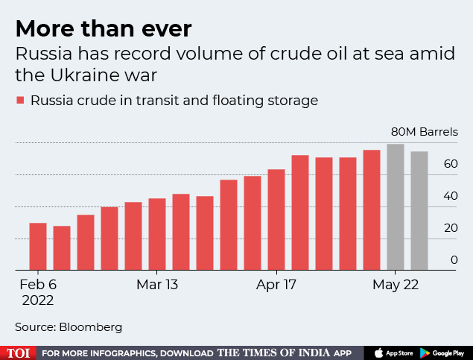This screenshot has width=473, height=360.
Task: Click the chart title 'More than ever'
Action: pos(104,29)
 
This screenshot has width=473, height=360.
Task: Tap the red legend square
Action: pos(21,100)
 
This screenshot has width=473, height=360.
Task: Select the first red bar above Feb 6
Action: pos(38,246)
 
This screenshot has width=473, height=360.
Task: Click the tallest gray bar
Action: pos(396,206)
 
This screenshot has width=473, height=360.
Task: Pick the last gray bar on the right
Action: pos(419,210)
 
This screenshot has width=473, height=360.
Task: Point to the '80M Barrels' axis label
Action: pos(425,132)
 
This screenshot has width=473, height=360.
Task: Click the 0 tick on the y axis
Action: pos(454,259)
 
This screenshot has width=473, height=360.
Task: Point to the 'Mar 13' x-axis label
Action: pos(157,285)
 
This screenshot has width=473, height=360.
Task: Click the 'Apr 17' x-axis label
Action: pos(276,285)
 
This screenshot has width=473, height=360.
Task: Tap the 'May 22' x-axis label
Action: pos(396,285)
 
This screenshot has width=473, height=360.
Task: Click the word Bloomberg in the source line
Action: pos(92,326)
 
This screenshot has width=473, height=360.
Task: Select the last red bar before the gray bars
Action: pos(372,209)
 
